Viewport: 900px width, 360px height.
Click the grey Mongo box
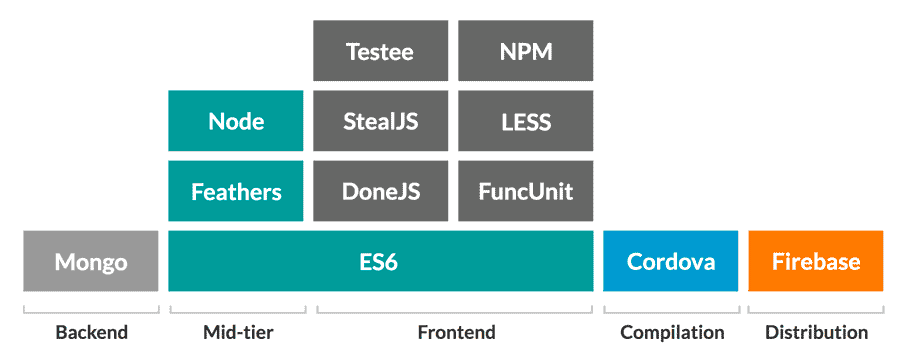pyautogui.click(x=91, y=261)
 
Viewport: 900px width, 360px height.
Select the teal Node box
pyautogui.click(x=236, y=121)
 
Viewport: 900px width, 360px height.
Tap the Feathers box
pyautogui.click(x=236, y=191)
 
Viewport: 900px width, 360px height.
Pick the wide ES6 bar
pyautogui.click(x=380, y=261)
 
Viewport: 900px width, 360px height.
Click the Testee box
pyautogui.click(x=380, y=51)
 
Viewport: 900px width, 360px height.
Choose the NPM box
pyautogui.click(x=525, y=51)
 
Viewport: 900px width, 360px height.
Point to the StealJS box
pyautogui.click(x=380, y=121)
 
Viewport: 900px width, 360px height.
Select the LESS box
pyautogui.click(x=525, y=121)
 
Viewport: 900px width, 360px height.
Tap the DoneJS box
pyautogui.click(x=380, y=191)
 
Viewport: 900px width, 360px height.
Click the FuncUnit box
pyautogui.click(x=525, y=191)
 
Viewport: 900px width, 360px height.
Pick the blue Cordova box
pyautogui.click(x=670, y=261)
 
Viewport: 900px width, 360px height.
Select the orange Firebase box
pyautogui.click(x=815, y=261)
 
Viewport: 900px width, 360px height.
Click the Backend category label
pyautogui.click(x=91, y=332)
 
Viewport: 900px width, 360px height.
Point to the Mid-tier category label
pyautogui.click(x=237, y=332)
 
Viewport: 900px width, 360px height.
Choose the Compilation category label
pyautogui.click(x=671, y=332)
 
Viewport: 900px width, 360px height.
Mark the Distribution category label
pyautogui.click(x=816, y=332)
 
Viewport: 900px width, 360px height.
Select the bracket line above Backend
pyautogui.click(x=91, y=311)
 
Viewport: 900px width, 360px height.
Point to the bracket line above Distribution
pyautogui.click(x=816, y=311)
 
